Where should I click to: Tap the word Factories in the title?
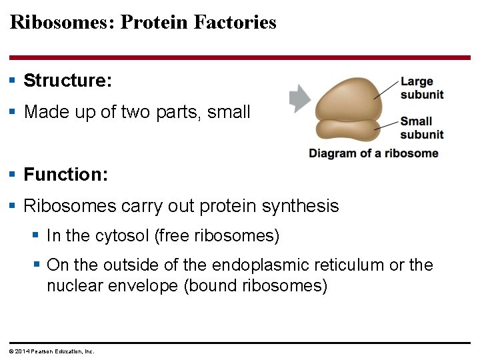point(235,22)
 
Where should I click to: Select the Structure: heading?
point(67,81)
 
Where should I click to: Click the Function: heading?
point(65,175)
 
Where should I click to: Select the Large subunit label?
point(421,88)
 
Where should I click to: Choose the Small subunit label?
point(421,128)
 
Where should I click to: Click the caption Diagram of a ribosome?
point(373,153)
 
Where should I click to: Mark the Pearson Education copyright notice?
point(51,351)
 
